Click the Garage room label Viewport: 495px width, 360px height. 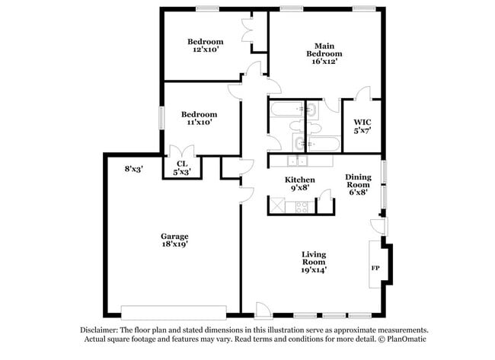click(174, 236)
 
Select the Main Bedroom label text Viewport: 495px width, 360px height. click(324, 49)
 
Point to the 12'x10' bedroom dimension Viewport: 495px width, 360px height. click(206, 49)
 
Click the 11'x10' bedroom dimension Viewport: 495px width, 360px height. click(200, 122)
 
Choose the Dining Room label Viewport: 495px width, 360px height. click(357, 180)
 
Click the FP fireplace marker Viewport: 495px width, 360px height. click(375, 269)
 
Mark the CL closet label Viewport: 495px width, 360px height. click(182, 163)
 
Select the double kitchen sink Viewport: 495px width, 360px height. click(295, 161)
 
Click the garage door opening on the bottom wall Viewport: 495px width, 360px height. click(174, 311)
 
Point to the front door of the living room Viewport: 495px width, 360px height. click(263, 309)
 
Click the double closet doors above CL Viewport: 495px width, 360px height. click(182, 151)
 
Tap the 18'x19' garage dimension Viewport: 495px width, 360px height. click(174, 244)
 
